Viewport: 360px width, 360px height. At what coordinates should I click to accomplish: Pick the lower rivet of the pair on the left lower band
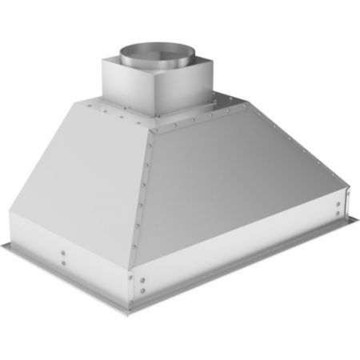63,266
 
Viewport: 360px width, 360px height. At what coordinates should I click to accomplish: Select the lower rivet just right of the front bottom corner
142,290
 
